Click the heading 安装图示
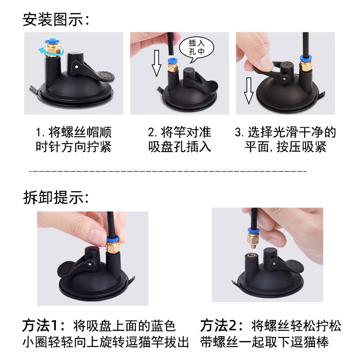click(53, 19)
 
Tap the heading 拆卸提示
click(53, 197)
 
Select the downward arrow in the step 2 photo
click(157, 63)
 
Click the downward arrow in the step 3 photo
click(249, 91)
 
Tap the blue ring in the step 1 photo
click(52, 41)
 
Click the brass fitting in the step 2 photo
click(173, 67)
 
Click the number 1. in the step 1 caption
click(40, 132)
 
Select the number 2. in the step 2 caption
click(153, 132)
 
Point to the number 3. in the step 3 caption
click(239, 132)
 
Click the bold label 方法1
click(40, 325)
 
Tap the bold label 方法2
click(218, 325)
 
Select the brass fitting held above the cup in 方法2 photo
click(252, 240)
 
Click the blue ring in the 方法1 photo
click(112, 239)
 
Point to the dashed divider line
click(168, 171)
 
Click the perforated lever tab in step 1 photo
click(105, 76)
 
